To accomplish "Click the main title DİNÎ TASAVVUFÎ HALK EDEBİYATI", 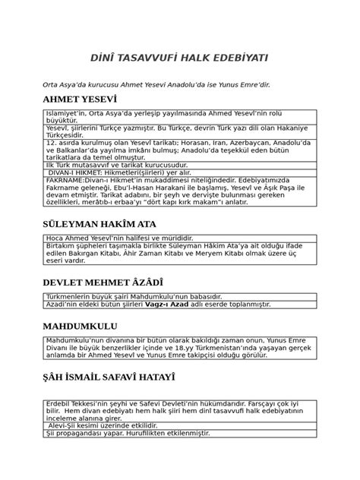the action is (179, 58).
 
